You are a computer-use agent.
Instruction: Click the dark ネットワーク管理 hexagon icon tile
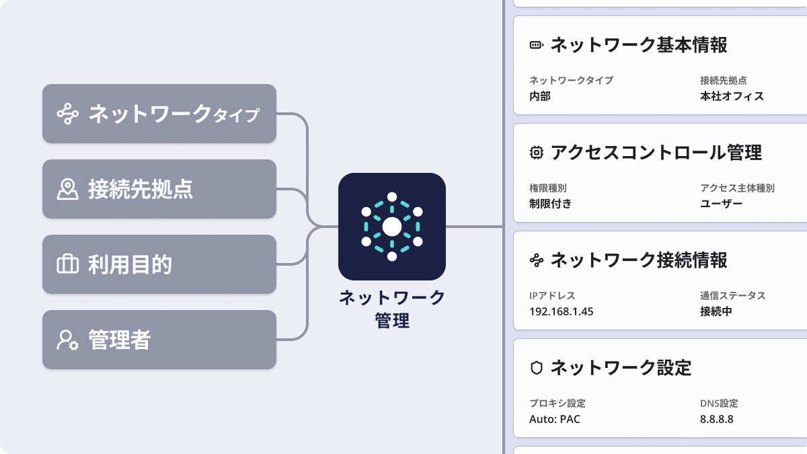(391, 227)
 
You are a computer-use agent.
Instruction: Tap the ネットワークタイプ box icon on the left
(67, 114)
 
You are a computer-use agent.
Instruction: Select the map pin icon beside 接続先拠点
(67, 189)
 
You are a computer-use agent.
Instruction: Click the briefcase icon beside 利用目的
(67, 264)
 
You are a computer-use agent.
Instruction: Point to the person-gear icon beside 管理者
(67, 340)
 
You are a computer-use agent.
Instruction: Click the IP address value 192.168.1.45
(562, 311)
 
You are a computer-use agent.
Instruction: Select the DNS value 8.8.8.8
(716, 419)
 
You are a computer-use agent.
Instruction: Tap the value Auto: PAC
(555, 419)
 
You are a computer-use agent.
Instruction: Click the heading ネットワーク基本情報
(638, 45)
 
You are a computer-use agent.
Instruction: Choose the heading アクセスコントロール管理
(656, 153)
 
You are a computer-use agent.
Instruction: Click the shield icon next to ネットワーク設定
(536, 368)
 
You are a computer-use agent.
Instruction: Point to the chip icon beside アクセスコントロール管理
(536, 153)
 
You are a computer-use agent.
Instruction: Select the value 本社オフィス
(732, 96)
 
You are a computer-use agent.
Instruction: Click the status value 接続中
(716, 311)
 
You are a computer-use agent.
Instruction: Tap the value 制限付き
(550, 204)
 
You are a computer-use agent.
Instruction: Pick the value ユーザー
(721, 204)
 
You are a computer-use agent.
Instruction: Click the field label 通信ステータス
(732, 296)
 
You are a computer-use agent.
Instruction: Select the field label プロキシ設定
(558, 404)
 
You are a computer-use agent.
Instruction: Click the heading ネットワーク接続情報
(638, 260)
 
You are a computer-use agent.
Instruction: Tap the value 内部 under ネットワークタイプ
(540, 96)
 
